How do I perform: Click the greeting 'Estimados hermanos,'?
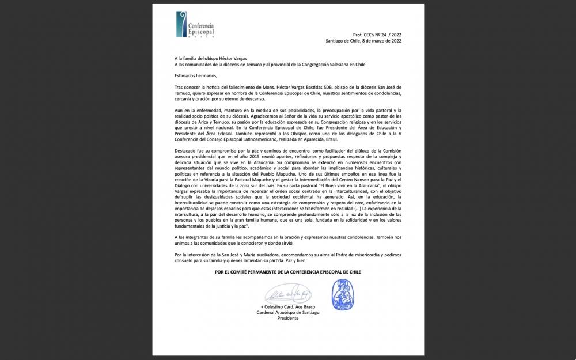[195, 75]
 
